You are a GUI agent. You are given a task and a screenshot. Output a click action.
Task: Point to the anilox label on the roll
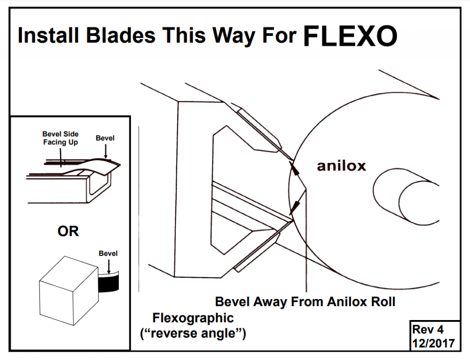pyautogui.click(x=341, y=166)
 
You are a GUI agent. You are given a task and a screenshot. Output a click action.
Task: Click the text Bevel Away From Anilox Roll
pyautogui.click(x=305, y=302)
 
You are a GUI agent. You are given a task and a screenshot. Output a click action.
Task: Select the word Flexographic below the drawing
pyautogui.click(x=193, y=317)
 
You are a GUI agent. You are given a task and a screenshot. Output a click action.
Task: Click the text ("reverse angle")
pyautogui.click(x=193, y=333)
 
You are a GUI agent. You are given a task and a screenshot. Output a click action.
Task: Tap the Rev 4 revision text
pyautogui.click(x=428, y=329)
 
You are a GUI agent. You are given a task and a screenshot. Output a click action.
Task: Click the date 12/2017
pyautogui.click(x=433, y=343)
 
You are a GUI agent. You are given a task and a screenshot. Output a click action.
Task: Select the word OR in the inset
pyautogui.click(x=68, y=231)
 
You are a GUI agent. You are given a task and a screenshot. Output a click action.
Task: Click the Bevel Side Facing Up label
pyautogui.click(x=61, y=138)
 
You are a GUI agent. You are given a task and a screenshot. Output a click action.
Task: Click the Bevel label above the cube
pyautogui.click(x=108, y=253)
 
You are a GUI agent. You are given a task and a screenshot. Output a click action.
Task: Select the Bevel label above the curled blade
pyautogui.click(x=105, y=138)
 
